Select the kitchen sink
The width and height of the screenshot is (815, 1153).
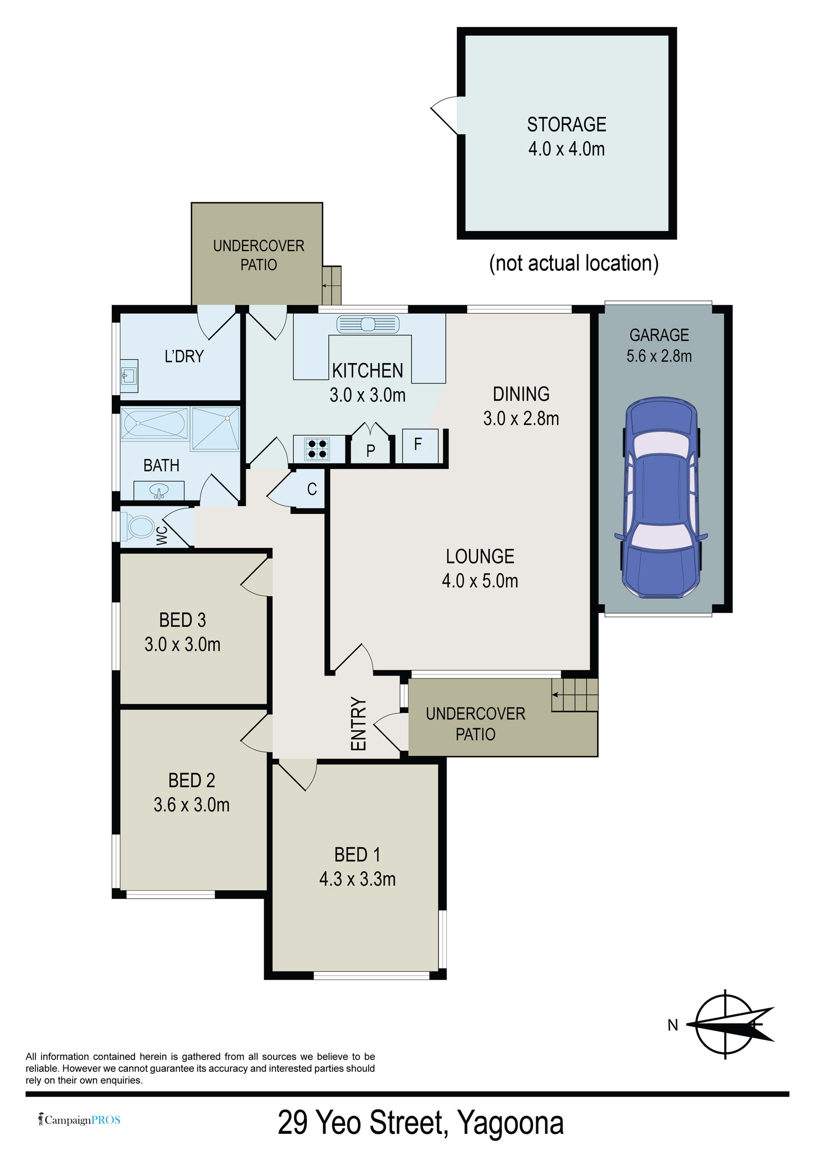point(368,324)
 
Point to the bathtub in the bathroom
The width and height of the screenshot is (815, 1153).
point(154,423)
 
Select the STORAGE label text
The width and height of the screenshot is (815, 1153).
point(566,124)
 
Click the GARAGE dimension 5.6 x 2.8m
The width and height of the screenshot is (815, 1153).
point(659,356)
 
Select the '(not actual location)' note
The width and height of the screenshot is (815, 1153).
point(573,263)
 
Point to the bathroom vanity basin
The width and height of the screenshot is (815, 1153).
point(159,491)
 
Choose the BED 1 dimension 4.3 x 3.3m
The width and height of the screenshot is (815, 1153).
point(357,879)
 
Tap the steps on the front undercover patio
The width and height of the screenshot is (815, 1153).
point(574,695)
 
